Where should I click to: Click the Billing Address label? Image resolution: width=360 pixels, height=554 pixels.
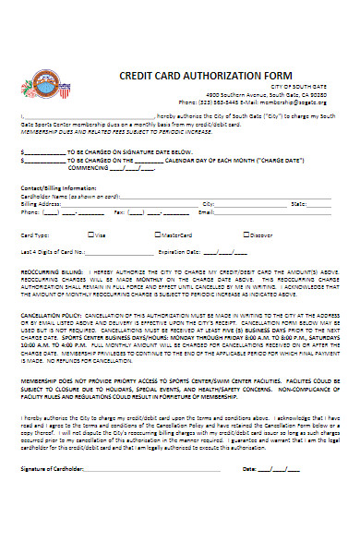click(x=39, y=203)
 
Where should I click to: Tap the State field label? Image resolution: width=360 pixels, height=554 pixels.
click(x=298, y=203)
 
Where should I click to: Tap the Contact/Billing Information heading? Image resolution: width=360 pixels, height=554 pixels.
click(x=57, y=187)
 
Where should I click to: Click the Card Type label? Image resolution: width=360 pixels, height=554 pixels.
click(x=34, y=235)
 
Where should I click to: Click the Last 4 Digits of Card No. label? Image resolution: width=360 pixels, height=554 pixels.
click(x=56, y=250)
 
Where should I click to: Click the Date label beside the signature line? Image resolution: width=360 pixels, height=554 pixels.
click(x=250, y=521)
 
